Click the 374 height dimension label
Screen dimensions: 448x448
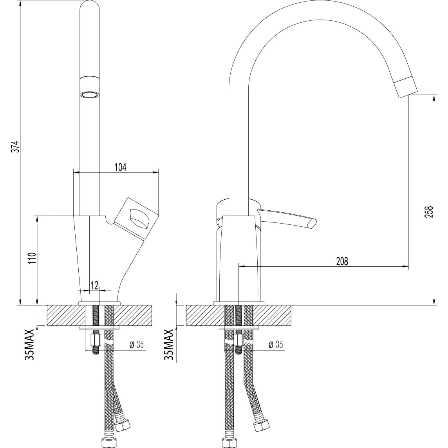click(14, 146)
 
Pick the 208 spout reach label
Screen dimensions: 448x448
click(341, 261)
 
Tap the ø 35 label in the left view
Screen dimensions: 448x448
click(137, 345)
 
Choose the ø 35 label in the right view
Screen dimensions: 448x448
click(276, 345)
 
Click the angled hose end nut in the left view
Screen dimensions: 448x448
click(124, 425)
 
